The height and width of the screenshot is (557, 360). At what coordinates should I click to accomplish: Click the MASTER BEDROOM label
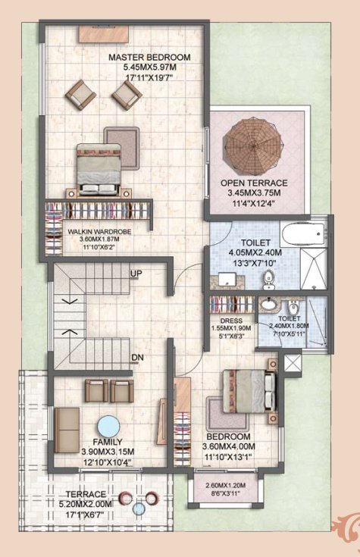(x=149, y=58)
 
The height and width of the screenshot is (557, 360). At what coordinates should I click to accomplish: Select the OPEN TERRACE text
(x=254, y=183)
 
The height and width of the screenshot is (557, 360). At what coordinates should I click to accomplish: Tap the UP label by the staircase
(x=136, y=274)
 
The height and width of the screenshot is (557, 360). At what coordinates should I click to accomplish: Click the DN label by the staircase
(x=136, y=357)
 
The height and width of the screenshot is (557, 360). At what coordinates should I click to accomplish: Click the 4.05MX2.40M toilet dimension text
(x=255, y=252)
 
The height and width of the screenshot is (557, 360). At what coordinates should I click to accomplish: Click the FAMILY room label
(x=108, y=441)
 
